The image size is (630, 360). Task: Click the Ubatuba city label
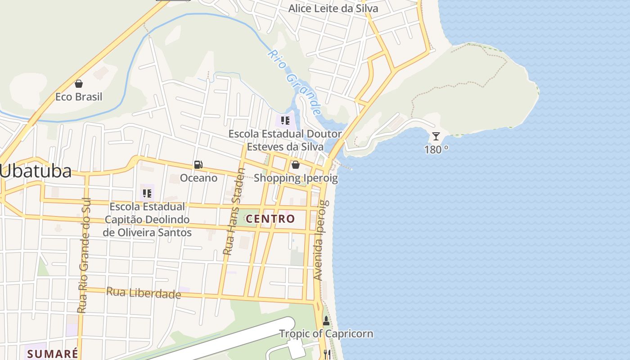[x=36, y=171]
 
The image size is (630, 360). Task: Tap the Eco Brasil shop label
[x=79, y=97]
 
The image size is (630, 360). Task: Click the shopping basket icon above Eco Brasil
[x=79, y=84]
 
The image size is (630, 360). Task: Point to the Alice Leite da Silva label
[x=333, y=9]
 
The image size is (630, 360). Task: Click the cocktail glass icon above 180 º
[x=436, y=136]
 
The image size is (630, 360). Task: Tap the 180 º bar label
[x=436, y=150]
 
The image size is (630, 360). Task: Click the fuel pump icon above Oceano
[x=198, y=165]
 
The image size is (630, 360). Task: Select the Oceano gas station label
[x=198, y=178]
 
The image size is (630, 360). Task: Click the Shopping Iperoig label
[x=296, y=178]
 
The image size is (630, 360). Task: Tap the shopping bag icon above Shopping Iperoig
[x=296, y=165]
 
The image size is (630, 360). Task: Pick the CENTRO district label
[x=270, y=219]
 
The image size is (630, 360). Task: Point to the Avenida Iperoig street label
[x=319, y=234]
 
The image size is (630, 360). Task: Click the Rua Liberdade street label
[x=144, y=293]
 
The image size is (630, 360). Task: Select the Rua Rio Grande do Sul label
[x=82, y=255]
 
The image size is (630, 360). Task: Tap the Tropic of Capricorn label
[x=326, y=334]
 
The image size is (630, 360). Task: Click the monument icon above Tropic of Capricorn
[x=326, y=321]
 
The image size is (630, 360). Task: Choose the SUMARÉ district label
[x=53, y=354]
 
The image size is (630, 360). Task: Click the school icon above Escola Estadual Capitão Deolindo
[x=147, y=193]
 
